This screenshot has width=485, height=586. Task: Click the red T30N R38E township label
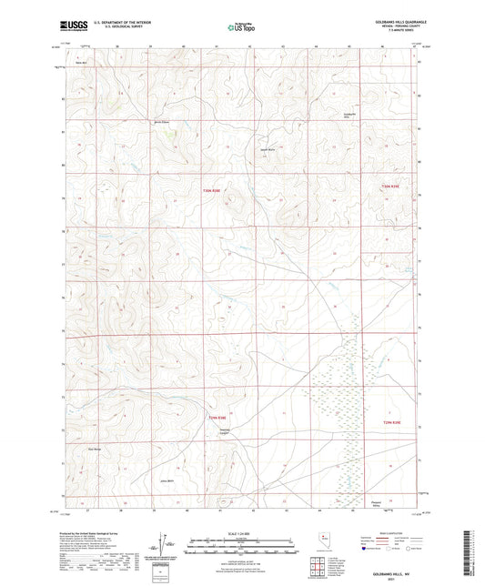[x=211, y=189]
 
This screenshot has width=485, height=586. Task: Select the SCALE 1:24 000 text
[x=241, y=533]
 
